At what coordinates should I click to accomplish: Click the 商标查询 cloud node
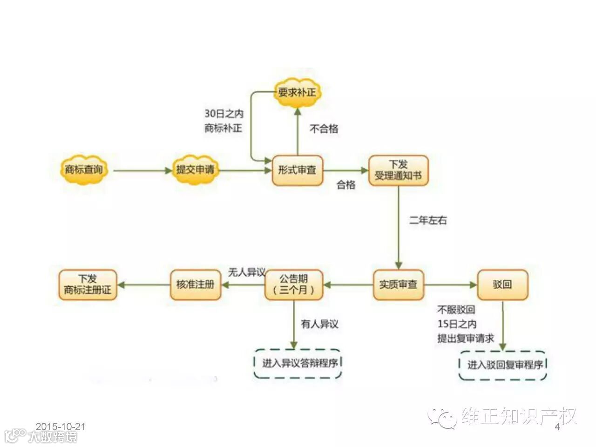click(84, 170)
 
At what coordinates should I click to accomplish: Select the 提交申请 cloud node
click(195, 170)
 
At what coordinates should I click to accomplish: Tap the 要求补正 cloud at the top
click(297, 92)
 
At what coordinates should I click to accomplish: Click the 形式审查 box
click(297, 170)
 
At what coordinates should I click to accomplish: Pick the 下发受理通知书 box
click(398, 170)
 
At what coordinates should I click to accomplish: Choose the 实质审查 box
click(398, 284)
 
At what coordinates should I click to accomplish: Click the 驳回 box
click(502, 284)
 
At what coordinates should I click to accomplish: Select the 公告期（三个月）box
click(294, 284)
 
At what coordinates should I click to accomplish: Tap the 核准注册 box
click(195, 284)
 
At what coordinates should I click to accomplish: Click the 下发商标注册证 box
click(88, 284)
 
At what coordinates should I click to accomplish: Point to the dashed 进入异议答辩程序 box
click(298, 363)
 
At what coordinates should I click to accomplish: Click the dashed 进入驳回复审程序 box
click(503, 365)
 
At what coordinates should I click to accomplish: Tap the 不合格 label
click(324, 129)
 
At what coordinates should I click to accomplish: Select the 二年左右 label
click(428, 221)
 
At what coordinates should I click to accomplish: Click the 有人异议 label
click(319, 324)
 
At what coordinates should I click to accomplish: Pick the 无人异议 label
click(246, 272)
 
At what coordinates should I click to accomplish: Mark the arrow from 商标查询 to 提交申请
click(142, 170)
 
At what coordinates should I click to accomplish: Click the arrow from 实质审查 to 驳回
click(451, 284)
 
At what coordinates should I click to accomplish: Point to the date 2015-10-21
click(61, 427)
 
